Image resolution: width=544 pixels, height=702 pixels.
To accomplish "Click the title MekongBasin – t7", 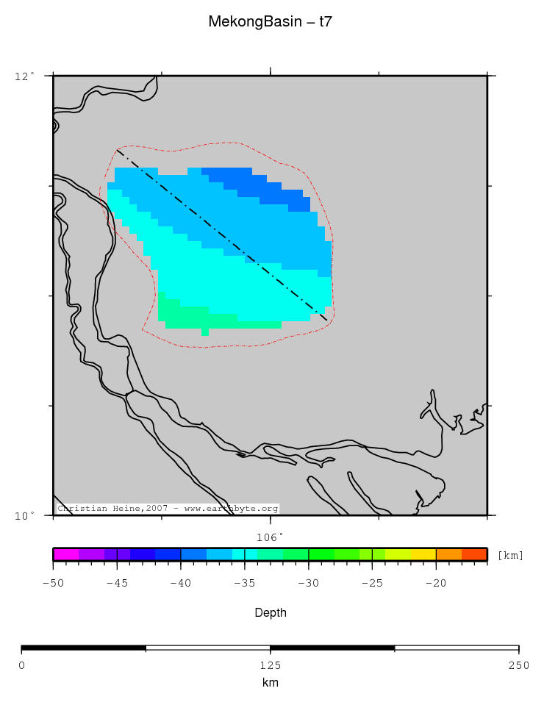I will coord(271,22).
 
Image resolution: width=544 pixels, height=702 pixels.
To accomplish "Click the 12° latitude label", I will coord(25,76).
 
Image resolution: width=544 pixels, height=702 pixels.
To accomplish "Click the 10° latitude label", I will coord(25,515).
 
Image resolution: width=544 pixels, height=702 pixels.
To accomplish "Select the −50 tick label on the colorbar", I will coord(53,584).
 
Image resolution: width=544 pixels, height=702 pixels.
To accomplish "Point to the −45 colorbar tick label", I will coord(117,584).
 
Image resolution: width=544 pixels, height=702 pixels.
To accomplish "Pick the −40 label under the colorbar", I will coord(181,584).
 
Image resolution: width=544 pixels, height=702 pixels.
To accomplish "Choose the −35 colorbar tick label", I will coord(245,584).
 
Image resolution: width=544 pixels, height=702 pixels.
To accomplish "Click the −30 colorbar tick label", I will coord(309,584).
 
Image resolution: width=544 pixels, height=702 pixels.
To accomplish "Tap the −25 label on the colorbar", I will coord(373,584).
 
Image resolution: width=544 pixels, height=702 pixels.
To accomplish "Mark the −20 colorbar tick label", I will coord(436,584).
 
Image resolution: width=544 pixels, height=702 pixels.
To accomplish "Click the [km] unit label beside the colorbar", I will coord(510,555).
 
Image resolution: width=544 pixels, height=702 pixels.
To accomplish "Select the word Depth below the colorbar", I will coord(271,612).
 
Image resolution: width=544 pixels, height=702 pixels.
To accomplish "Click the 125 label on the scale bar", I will coord(271,665).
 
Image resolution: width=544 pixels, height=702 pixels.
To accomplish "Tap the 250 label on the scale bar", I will coord(518,665).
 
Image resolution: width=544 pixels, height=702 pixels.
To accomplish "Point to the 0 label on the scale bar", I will coord(21,665).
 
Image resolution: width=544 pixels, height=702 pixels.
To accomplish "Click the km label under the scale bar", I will coord(271,683).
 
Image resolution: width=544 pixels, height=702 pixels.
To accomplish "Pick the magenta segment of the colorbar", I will coord(66,554).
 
